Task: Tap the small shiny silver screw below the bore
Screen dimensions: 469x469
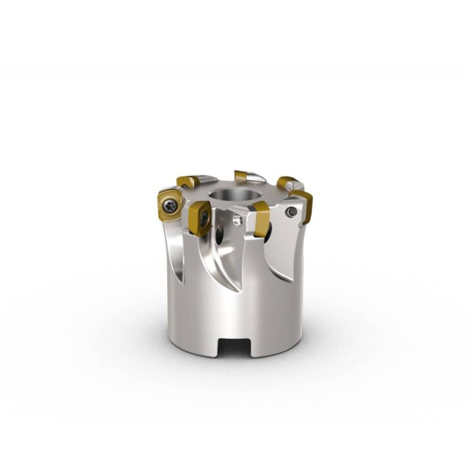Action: click(x=237, y=220)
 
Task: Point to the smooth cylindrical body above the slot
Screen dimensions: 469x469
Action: click(x=235, y=311)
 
